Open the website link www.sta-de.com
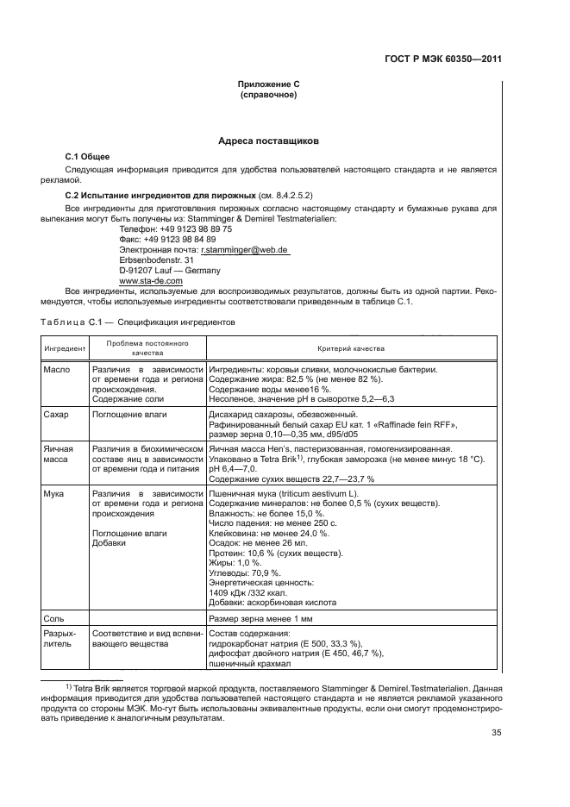tap(151, 281)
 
